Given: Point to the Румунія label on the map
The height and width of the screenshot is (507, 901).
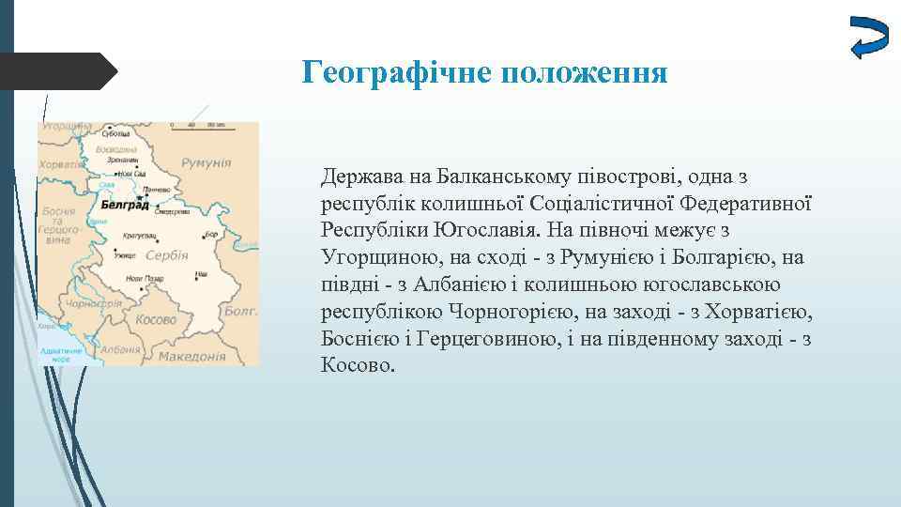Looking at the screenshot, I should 206,162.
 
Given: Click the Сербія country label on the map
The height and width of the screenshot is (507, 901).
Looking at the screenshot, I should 168,254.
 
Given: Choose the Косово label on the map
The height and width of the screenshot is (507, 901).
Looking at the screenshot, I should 155,319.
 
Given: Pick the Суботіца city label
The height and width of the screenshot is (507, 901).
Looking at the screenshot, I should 116,133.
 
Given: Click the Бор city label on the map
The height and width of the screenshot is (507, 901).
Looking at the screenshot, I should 210,233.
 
